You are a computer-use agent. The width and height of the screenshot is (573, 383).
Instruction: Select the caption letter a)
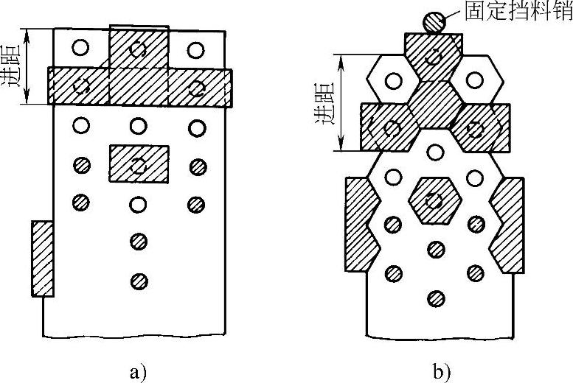pyautogui.click(x=137, y=370)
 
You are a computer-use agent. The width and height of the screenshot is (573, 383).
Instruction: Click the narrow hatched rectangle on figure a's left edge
pyautogui.click(x=42, y=258)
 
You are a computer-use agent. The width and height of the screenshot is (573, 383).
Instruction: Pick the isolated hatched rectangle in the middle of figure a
pyautogui.click(x=139, y=164)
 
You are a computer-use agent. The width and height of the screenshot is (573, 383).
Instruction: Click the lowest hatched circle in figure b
pyautogui.click(x=437, y=298)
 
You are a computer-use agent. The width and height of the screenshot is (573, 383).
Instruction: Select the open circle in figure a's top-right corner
pyautogui.click(x=195, y=49)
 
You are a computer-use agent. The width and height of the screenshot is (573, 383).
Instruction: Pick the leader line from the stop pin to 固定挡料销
pyautogui.click(x=454, y=15)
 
